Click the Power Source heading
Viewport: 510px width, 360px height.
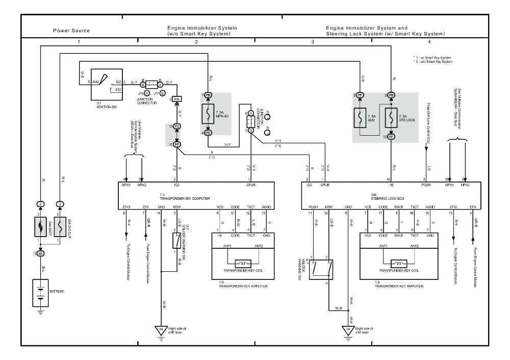(71, 31)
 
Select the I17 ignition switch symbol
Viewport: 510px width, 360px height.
(106, 85)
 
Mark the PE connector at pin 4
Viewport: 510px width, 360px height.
(208, 133)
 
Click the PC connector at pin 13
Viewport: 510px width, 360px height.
(177, 126)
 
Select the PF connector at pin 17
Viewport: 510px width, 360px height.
(177, 145)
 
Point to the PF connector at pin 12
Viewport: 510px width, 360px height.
(391, 136)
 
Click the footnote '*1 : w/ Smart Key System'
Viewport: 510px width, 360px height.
(432, 57)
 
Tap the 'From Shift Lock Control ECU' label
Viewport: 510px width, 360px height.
(427, 120)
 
